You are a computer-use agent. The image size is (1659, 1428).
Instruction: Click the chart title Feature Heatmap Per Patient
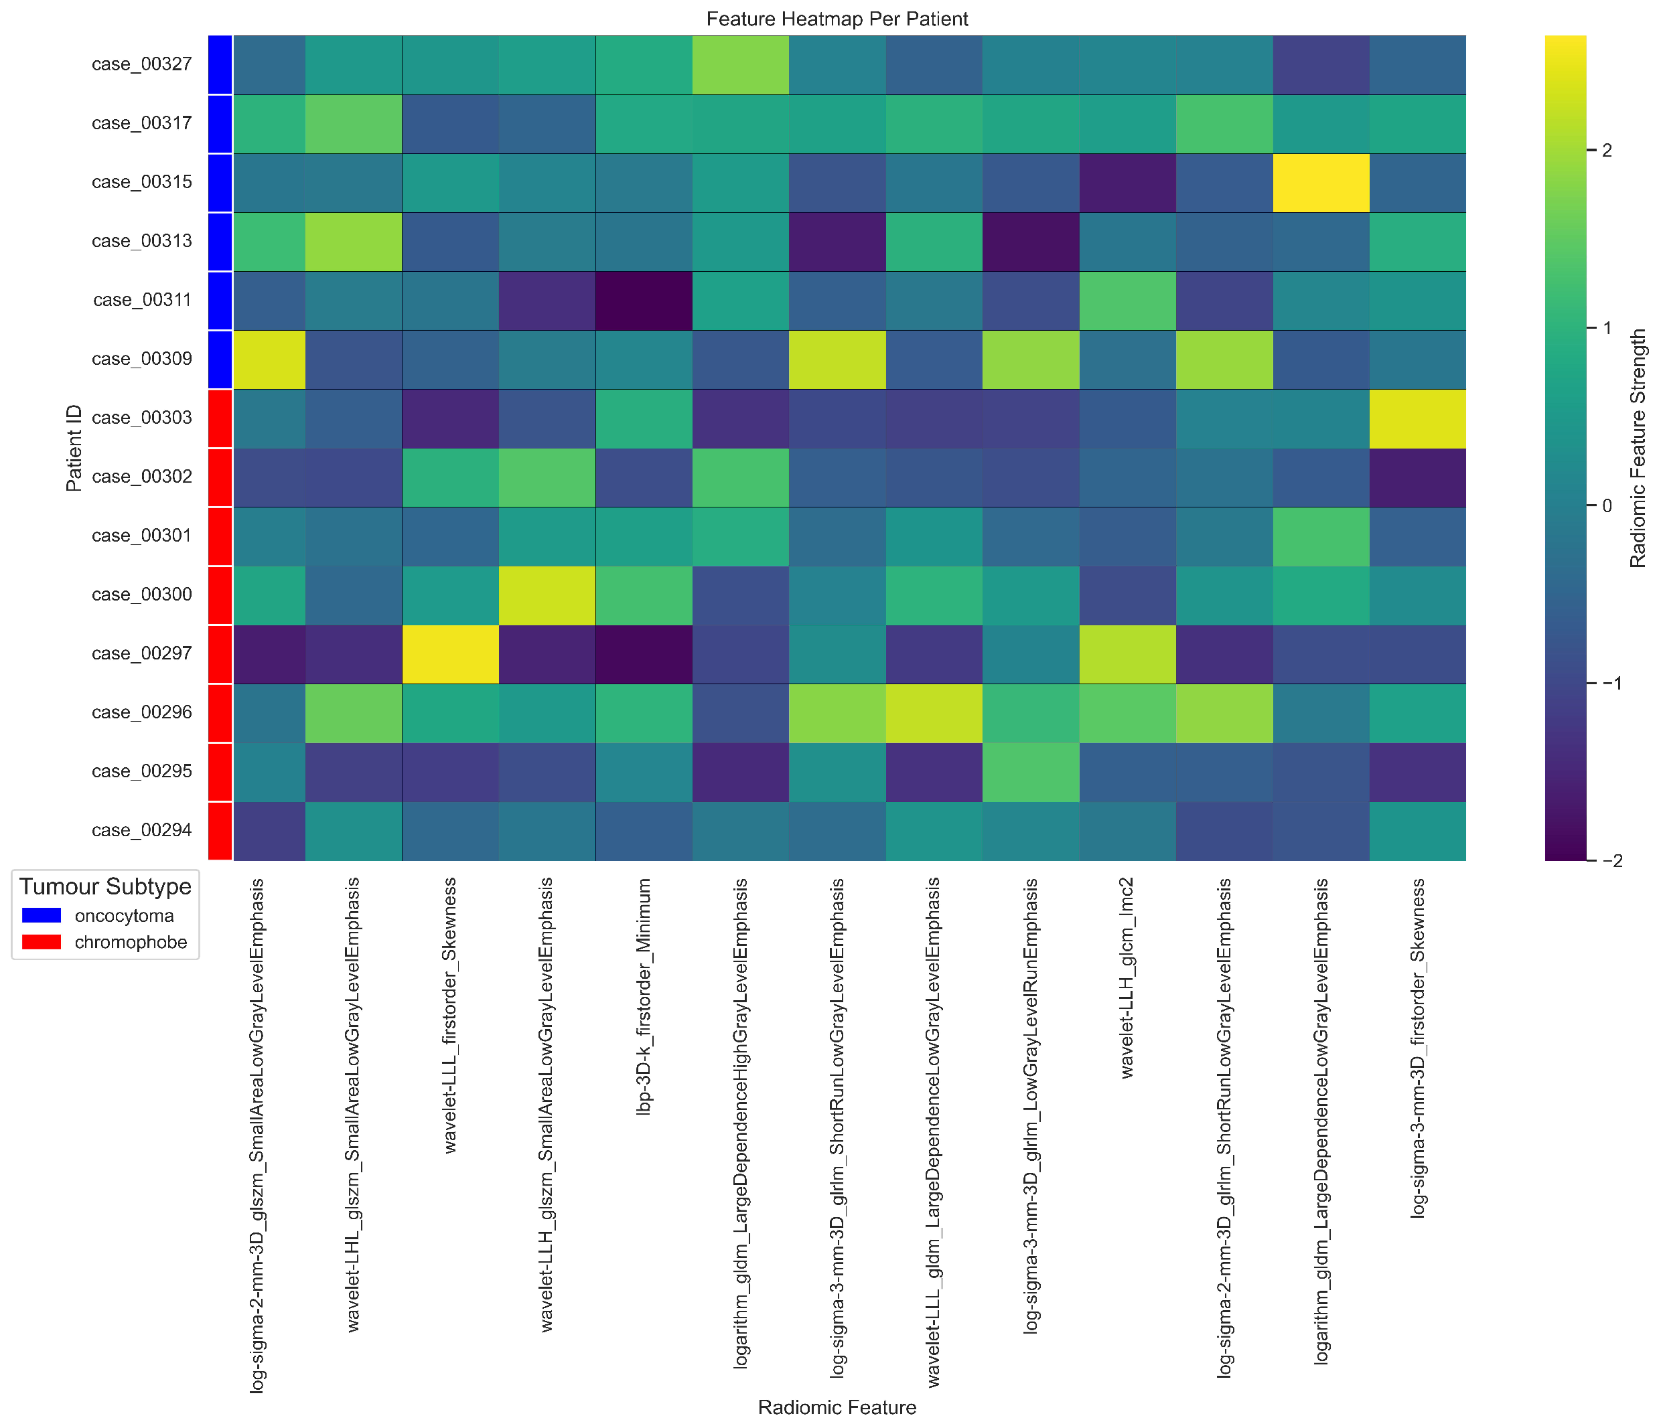tap(837, 18)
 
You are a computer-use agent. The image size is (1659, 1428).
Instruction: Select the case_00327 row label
tap(142, 64)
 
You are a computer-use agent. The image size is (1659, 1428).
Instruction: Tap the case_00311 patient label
tap(143, 300)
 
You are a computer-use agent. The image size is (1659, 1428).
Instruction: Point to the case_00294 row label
tap(142, 830)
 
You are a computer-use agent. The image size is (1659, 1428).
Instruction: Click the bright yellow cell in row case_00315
tap(1321, 183)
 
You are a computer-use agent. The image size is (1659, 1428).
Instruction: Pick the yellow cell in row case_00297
tap(450, 654)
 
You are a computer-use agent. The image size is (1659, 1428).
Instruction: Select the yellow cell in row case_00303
tap(1417, 418)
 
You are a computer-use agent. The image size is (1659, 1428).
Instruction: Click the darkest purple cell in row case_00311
tap(644, 300)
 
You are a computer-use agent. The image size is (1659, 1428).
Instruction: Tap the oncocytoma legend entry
tap(123, 916)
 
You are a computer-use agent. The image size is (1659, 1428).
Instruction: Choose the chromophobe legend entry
tap(130, 942)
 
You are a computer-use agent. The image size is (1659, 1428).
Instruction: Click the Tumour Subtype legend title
tap(105, 886)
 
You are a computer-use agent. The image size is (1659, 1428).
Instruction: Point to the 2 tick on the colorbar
tap(1606, 151)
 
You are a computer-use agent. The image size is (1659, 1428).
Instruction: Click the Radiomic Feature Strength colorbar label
tap(1638, 449)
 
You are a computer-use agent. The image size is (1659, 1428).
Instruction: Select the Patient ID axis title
tap(74, 449)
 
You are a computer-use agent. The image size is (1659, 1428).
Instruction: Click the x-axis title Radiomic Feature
tap(837, 1407)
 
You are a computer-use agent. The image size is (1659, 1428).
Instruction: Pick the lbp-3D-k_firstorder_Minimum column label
tap(644, 997)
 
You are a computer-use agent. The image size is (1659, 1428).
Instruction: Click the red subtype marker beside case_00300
tap(220, 594)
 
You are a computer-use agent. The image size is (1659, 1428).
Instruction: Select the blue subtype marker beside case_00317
tap(220, 123)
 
